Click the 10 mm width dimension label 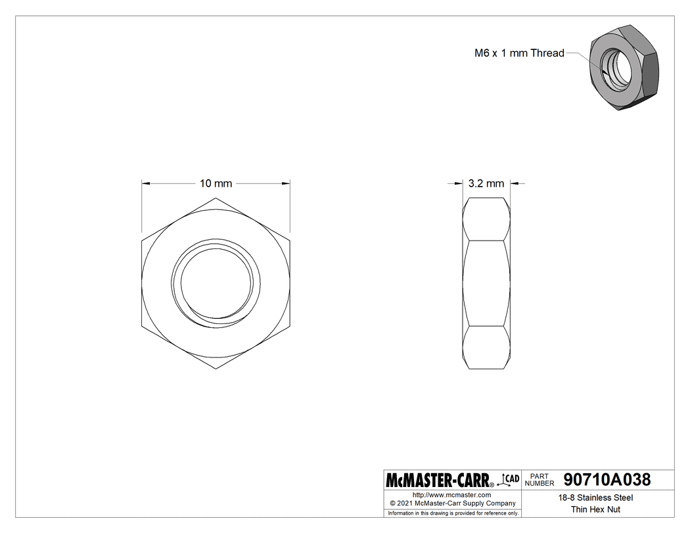tap(216, 184)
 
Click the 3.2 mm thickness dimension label tap(486, 184)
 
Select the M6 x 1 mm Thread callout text tap(519, 53)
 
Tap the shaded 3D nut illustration tap(620, 66)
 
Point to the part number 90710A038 tap(607, 480)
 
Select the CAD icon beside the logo tap(510, 479)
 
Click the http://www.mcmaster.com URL tap(451, 495)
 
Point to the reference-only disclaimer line tap(453, 513)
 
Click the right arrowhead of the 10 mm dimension tap(287, 184)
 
